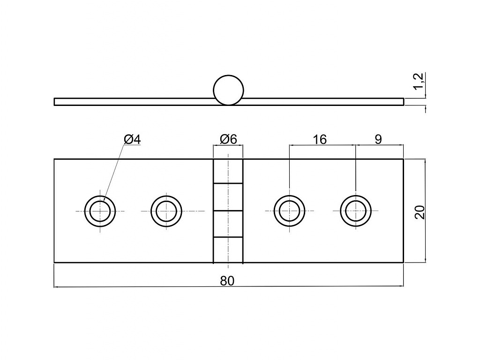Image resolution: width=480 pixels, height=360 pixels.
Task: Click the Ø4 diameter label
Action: click(132, 140)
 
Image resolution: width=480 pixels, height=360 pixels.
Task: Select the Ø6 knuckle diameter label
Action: click(228, 140)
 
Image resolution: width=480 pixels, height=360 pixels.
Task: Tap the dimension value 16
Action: click(320, 140)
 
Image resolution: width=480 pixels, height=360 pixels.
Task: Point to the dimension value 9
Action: click(378, 140)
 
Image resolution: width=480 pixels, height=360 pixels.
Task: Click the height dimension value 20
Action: click(420, 212)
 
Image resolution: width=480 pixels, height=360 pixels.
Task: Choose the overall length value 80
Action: click(227, 281)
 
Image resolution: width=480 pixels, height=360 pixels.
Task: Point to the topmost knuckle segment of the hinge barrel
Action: click(228, 171)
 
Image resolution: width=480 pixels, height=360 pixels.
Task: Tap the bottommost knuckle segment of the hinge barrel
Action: click(228, 250)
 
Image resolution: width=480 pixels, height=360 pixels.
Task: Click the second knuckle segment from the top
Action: click(228, 197)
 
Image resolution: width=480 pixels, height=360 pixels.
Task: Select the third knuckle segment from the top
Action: click(228, 224)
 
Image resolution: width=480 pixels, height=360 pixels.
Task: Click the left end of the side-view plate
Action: click(54, 102)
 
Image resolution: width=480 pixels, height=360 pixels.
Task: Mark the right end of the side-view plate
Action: click(404, 102)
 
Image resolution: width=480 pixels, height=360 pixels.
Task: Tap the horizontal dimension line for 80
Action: click(229, 286)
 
